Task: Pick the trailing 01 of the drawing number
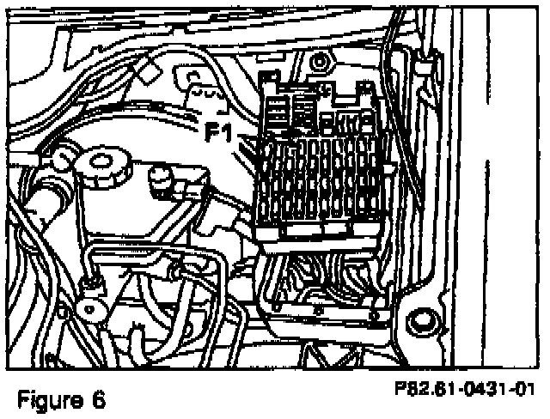tap(520, 388)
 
